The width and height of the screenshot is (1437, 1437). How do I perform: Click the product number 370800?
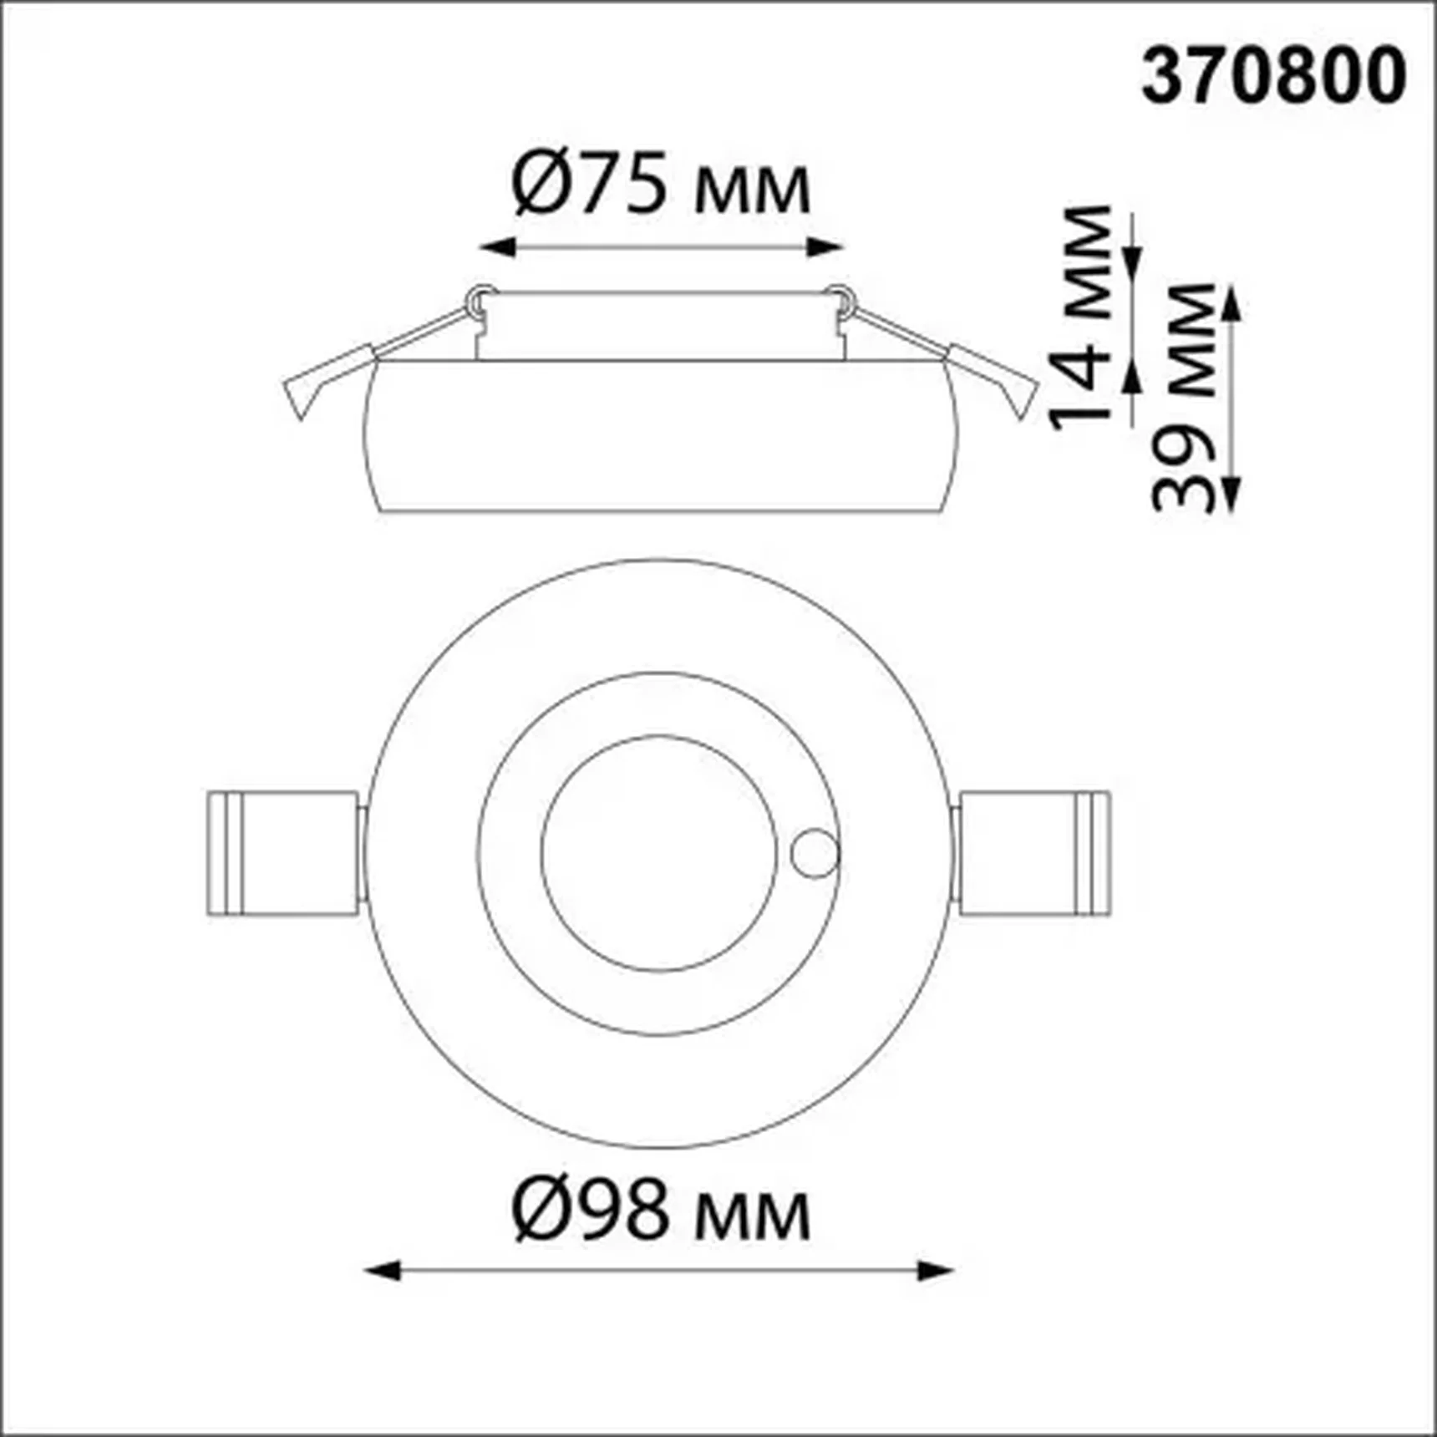click(x=1273, y=76)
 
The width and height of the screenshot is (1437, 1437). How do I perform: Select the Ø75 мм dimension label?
click(x=660, y=183)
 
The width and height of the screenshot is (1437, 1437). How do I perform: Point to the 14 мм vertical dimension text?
click(x=1081, y=317)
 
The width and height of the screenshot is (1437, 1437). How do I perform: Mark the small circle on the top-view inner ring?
click(x=815, y=854)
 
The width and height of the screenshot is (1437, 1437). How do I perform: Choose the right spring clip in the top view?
click(x=1035, y=853)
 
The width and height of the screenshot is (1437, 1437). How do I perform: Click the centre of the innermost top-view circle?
click(x=660, y=854)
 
